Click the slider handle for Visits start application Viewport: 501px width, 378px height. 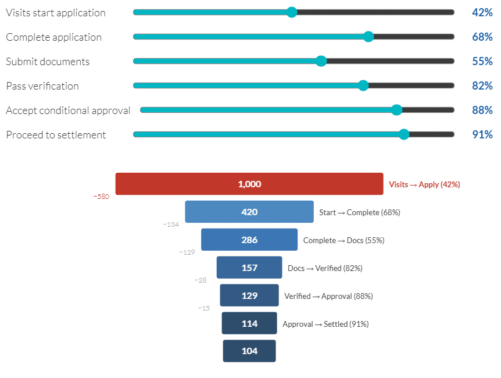(x=292, y=12)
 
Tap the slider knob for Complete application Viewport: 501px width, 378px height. (x=368, y=37)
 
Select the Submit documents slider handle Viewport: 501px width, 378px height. (x=321, y=61)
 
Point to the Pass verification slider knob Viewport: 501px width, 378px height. (x=363, y=85)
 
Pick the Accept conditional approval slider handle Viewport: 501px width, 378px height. (x=396, y=110)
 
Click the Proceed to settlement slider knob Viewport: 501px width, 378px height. (x=404, y=134)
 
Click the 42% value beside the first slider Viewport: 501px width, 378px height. (x=482, y=12)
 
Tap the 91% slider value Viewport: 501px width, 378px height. (x=482, y=134)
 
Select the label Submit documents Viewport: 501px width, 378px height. (x=48, y=61)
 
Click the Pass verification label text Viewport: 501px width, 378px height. (x=42, y=85)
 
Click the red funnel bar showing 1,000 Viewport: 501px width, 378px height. (x=249, y=184)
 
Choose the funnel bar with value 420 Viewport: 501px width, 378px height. (x=249, y=212)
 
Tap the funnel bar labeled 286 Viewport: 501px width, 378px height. (x=249, y=240)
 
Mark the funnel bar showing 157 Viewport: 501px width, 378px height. (x=249, y=268)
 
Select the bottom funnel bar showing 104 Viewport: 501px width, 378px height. (x=249, y=351)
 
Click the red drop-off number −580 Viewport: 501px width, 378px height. (x=101, y=197)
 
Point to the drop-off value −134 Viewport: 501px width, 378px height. (x=171, y=224)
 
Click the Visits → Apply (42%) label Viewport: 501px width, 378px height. (x=424, y=184)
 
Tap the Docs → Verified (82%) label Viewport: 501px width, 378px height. (x=325, y=268)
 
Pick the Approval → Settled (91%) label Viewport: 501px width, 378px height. (x=325, y=324)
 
